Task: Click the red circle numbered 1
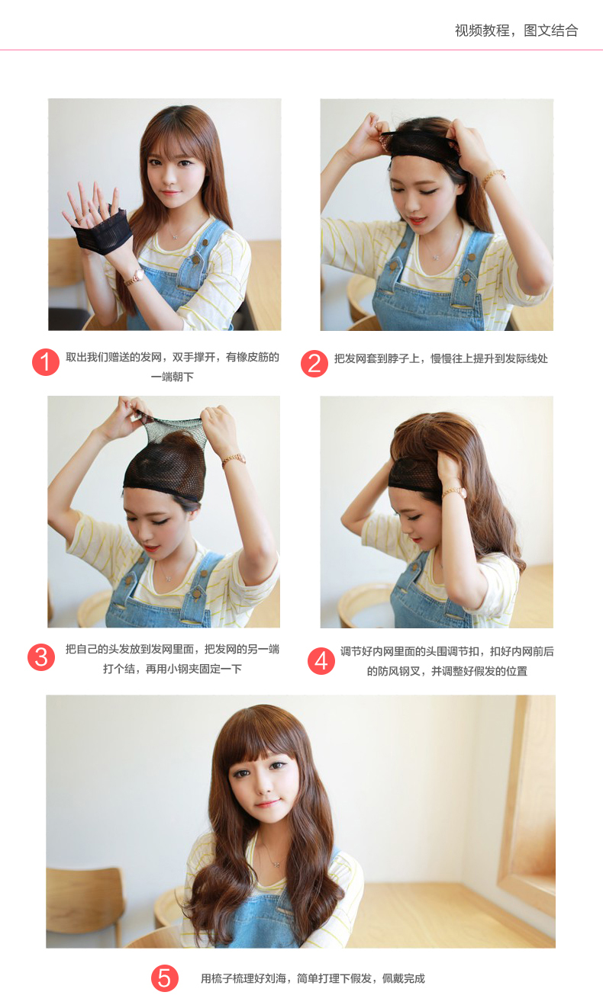coord(45,362)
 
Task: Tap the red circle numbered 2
coord(314,364)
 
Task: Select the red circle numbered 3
coord(41,658)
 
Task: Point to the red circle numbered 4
coord(321,661)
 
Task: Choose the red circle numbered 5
coord(164,978)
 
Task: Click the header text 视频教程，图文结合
coord(516,31)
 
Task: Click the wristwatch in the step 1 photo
coord(134,276)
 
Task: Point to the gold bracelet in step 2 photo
coord(493,176)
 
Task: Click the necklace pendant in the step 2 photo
coord(435,257)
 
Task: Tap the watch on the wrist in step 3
coord(234,460)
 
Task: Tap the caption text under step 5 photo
coord(312,978)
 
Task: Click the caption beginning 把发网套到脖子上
coord(440,358)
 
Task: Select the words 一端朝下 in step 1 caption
coord(172,377)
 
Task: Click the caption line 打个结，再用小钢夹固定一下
coord(172,669)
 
